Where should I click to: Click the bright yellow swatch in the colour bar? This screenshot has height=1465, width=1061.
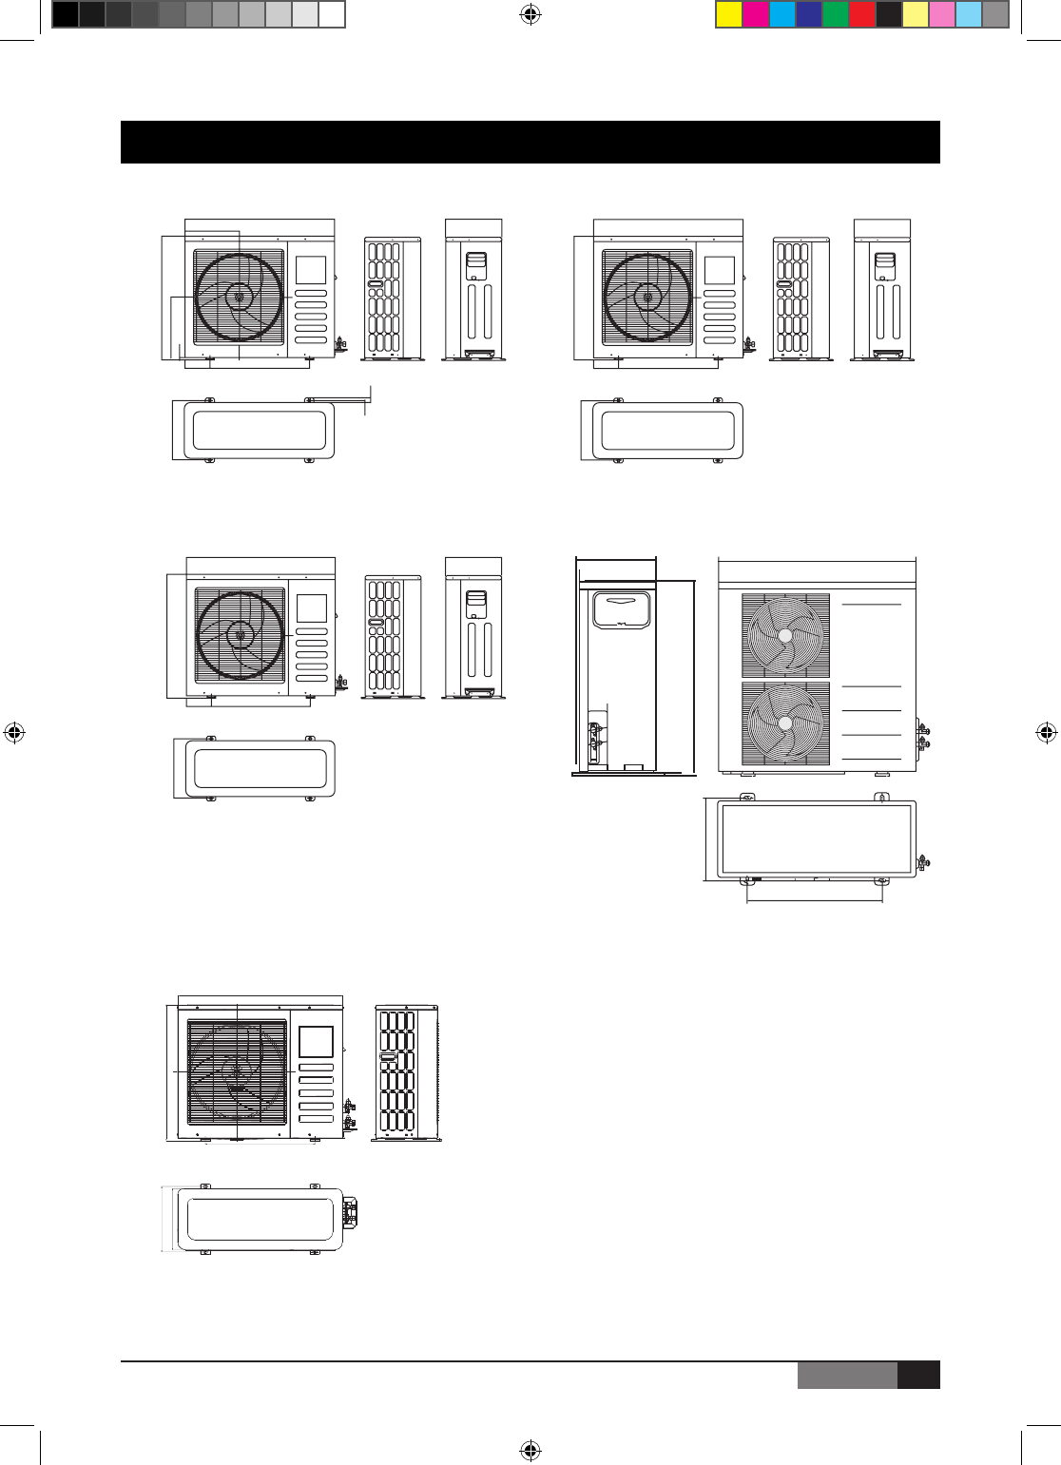(x=728, y=14)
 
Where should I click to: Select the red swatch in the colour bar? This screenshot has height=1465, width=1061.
(x=861, y=14)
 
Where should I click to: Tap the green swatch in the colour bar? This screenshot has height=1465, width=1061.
(x=835, y=14)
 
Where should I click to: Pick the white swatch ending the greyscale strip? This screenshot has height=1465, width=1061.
(x=331, y=14)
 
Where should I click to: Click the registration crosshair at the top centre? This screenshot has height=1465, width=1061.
(x=530, y=14)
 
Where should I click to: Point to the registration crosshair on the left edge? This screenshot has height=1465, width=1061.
(x=14, y=733)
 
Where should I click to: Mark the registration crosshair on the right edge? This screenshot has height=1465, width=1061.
(x=1046, y=733)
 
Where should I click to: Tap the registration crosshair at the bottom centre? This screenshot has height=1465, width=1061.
(x=530, y=1450)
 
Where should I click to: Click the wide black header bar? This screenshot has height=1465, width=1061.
(x=530, y=142)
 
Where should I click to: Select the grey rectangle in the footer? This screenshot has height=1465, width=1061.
(x=846, y=1376)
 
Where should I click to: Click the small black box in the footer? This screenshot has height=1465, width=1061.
(x=918, y=1376)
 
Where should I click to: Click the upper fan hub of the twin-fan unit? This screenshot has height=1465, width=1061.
(x=785, y=636)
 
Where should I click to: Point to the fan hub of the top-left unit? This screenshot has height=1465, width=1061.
(x=239, y=297)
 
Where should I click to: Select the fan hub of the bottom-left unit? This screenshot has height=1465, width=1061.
(x=236, y=1070)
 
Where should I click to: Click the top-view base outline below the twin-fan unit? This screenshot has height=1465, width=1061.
(x=809, y=839)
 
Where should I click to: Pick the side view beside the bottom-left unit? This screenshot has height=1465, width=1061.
(x=406, y=1072)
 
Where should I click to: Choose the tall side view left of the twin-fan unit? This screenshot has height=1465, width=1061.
(x=616, y=665)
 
